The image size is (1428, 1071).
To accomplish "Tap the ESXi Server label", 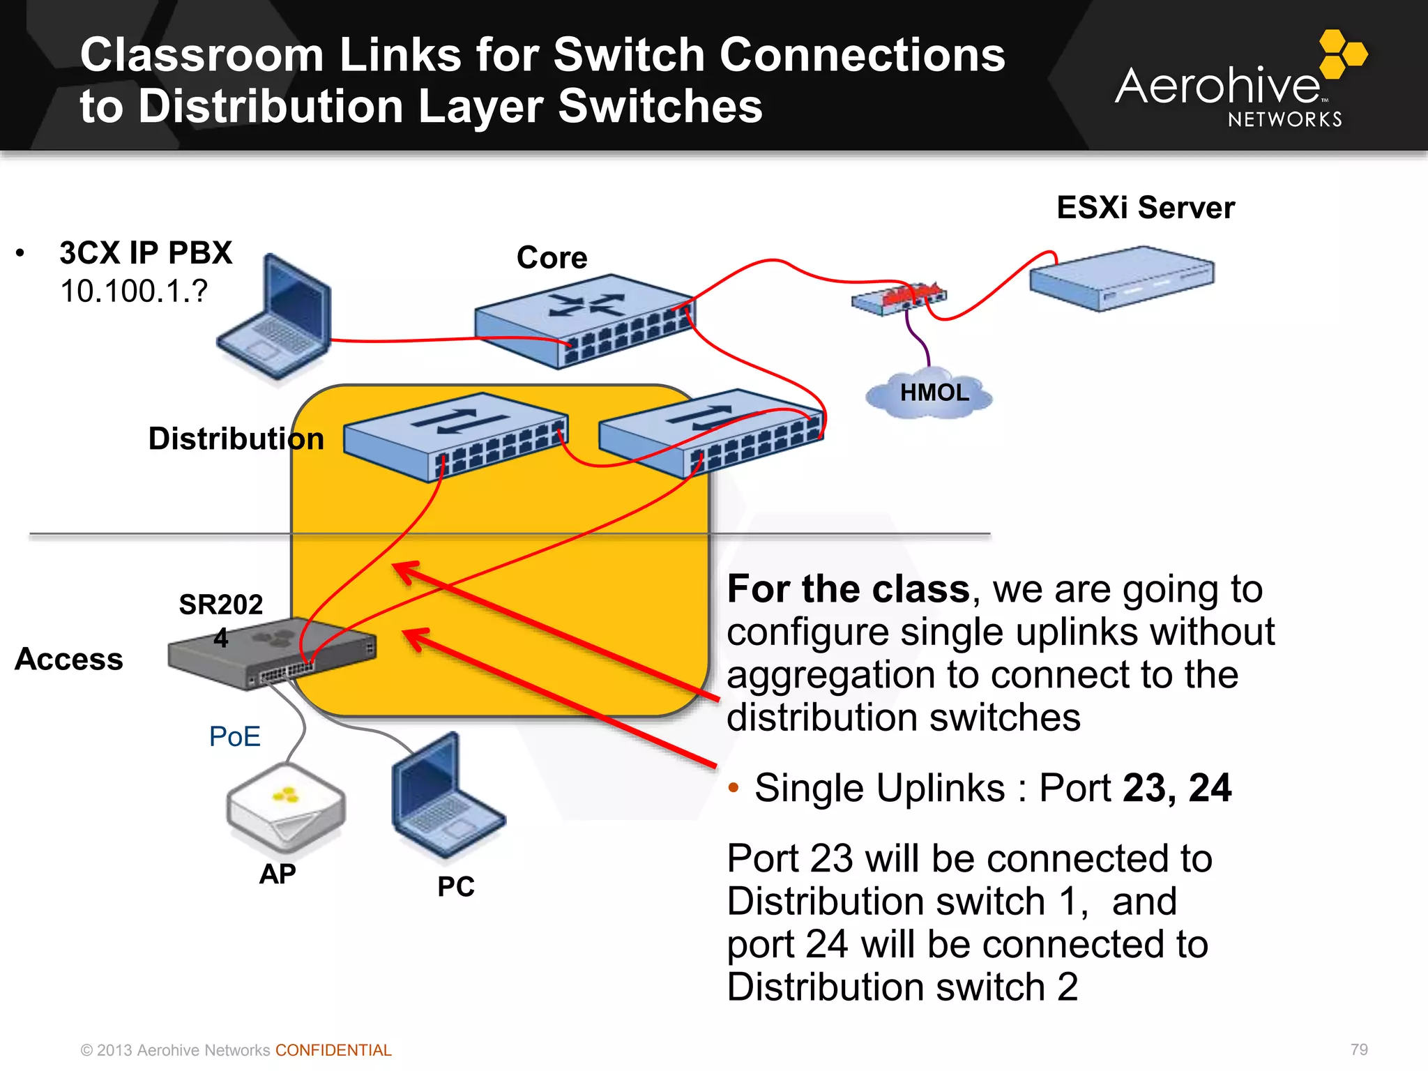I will [x=1145, y=208].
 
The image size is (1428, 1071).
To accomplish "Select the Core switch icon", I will [x=584, y=321].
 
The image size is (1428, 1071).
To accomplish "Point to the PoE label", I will [x=234, y=736].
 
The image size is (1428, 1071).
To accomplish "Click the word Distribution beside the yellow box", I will [x=236, y=439].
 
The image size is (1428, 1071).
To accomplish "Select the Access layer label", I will [x=68, y=659].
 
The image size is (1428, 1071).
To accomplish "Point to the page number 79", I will [x=1358, y=1049].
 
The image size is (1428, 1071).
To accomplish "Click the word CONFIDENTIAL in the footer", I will [x=333, y=1050].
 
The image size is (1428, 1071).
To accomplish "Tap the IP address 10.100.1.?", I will [x=133, y=291].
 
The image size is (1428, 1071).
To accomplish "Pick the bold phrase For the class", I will [x=848, y=589].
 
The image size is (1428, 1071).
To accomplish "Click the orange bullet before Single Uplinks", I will [x=733, y=789].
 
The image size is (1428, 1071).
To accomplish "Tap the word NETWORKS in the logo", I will [x=1284, y=119].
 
